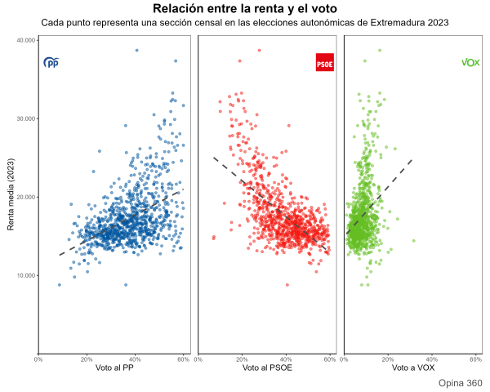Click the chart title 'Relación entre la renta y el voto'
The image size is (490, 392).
click(245, 8)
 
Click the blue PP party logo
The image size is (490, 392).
click(51, 62)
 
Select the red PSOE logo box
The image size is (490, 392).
click(325, 62)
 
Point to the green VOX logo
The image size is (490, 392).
click(470, 62)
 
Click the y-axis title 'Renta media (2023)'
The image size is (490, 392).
click(11, 196)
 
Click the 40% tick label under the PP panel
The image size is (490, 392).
click(135, 360)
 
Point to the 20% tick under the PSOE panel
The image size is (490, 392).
click(242, 360)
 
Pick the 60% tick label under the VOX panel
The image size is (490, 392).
click(475, 360)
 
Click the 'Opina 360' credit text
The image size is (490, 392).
click(460, 383)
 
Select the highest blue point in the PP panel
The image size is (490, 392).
click(136, 50)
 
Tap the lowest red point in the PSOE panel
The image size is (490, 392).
click(287, 285)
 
